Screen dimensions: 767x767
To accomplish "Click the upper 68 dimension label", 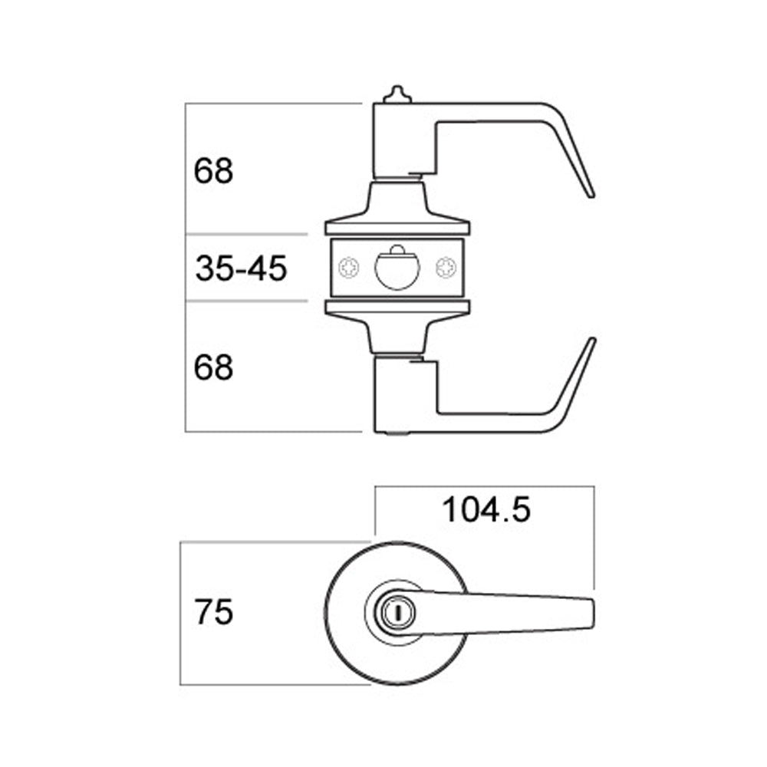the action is [x=213, y=171].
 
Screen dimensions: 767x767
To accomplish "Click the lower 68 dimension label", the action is [x=213, y=367].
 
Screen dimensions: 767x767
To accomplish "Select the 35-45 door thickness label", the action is [x=241, y=268].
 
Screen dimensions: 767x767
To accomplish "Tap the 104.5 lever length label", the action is [x=486, y=510].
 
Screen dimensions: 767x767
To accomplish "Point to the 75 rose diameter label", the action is [x=214, y=612].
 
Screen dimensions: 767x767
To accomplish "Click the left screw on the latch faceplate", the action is [x=349, y=268].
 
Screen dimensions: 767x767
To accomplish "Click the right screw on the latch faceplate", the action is [x=446, y=268].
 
